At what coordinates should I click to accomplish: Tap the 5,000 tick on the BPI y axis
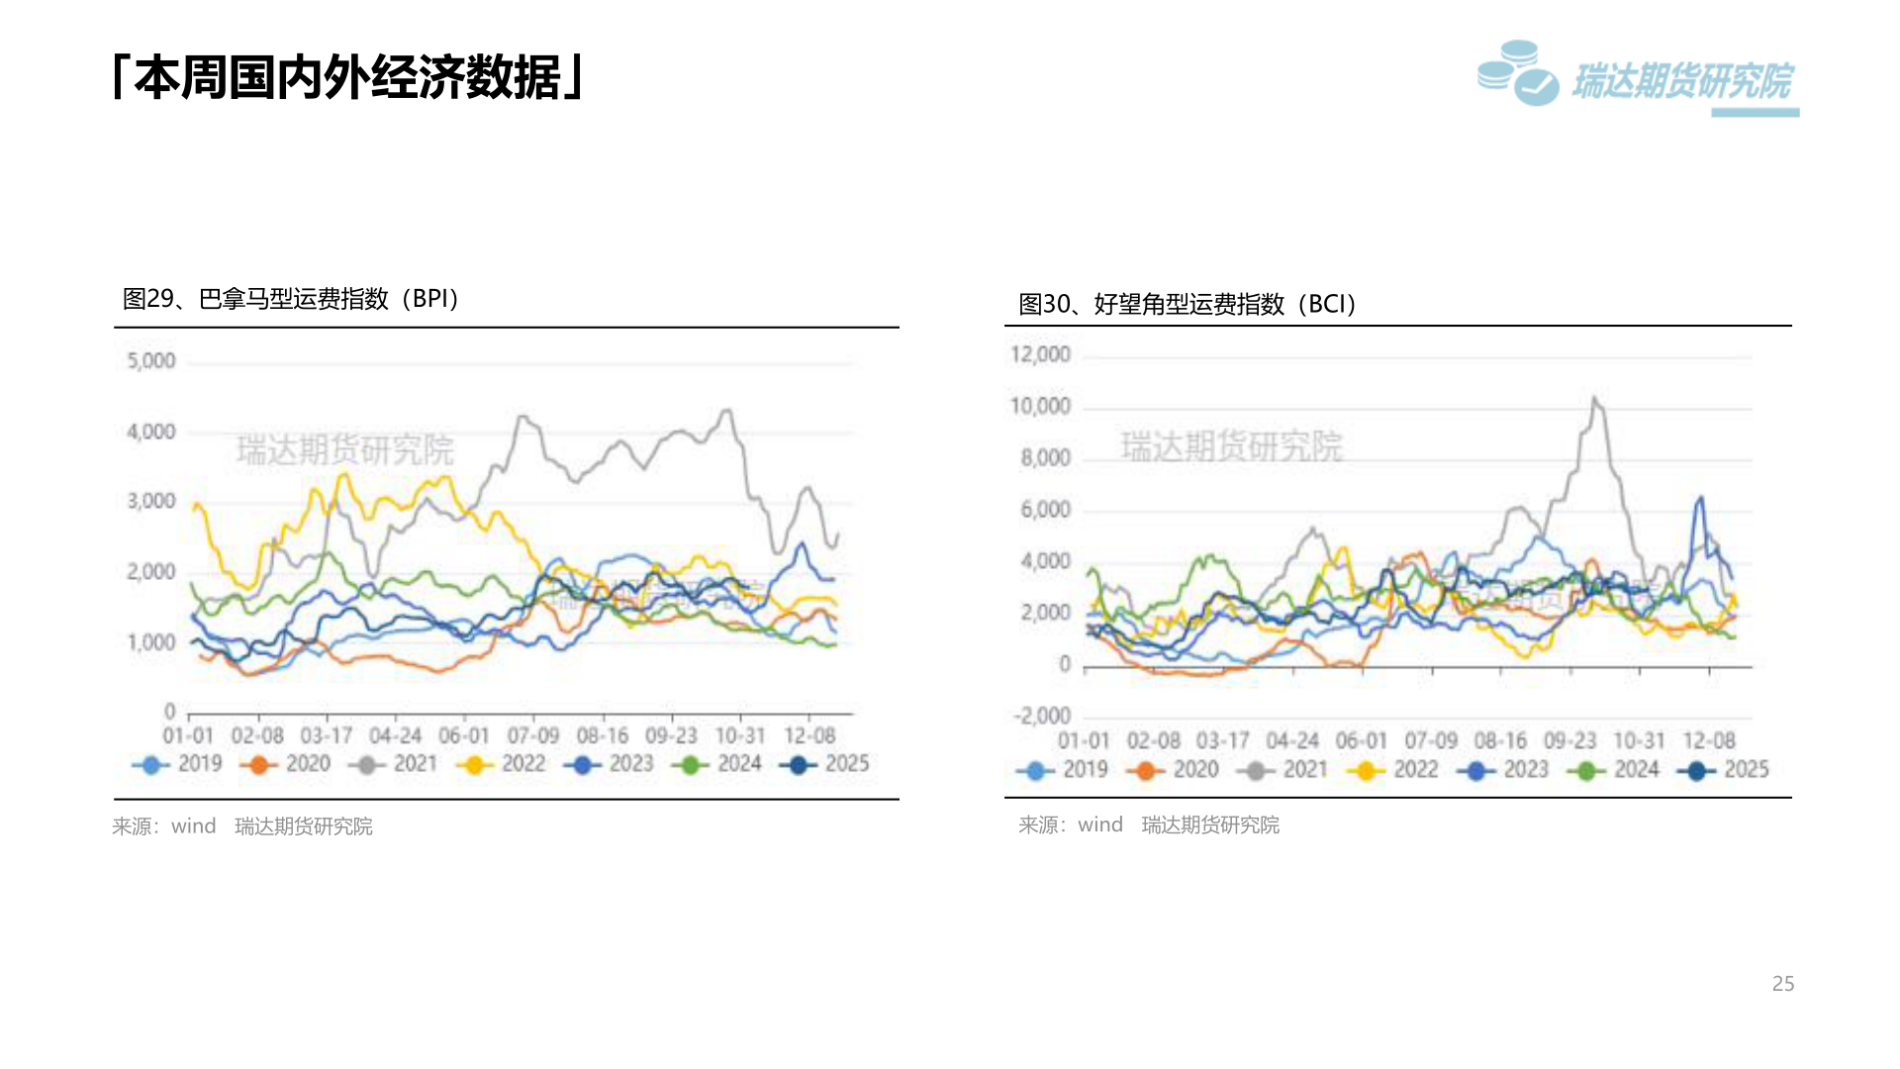[151, 361]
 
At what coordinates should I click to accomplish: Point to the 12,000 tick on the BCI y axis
[1040, 354]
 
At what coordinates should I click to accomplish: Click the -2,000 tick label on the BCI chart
[1042, 716]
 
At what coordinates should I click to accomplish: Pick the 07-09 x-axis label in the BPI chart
[533, 736]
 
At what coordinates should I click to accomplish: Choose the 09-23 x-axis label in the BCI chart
[1569, 741]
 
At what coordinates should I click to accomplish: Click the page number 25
[1782, 984]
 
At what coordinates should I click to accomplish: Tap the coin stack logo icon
[1517, 73]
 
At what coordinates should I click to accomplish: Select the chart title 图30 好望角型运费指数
[1187, 304]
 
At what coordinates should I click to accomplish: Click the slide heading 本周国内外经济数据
[348, 78]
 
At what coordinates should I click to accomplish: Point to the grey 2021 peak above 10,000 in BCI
[1594, 400]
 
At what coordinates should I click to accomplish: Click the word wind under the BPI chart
[193, 826]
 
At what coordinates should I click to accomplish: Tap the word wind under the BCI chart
[1099, 825]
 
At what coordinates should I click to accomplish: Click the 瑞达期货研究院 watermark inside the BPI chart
[344, 450]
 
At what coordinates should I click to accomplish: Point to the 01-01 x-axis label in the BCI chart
[1084, 741]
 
